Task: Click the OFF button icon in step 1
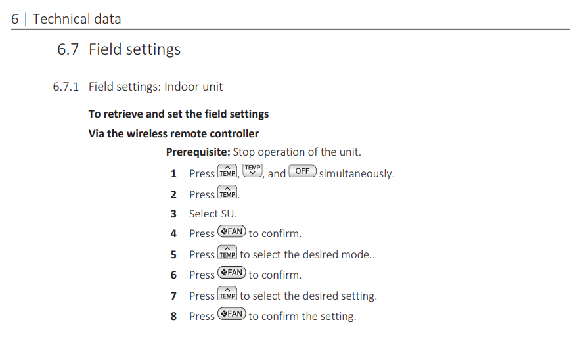pyautogui.click(x=303, y=171)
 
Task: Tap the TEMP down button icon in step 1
pyautogui.click(x=252, y=170)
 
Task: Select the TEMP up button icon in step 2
pyautogui.click(x=227, y=192)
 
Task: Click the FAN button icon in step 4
pyautogui.click(x=232, y=231)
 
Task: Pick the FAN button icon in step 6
pyautogui.click(x=232, y=273)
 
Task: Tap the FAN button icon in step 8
pyautogui.click(x=232, y=313)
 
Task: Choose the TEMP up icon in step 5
pyautogui.click(x=227, y=252)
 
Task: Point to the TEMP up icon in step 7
pyautogui.click(x=227, y=293)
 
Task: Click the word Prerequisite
pyautogui.click(x=198, y=152)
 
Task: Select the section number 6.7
pyautogui.click(x=68, y=49)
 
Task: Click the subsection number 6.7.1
pyautogui.click(x=66, y=87)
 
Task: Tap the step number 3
pyautogui.click(x=173, y=214)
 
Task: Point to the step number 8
pyautogui.click(x=173, y=317)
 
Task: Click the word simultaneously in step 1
pyautogui.click(x=356, y=173)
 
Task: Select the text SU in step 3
pyautogui.click(x=227, y=214)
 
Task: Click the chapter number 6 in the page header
pyautogui.click(x=15, y=19)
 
